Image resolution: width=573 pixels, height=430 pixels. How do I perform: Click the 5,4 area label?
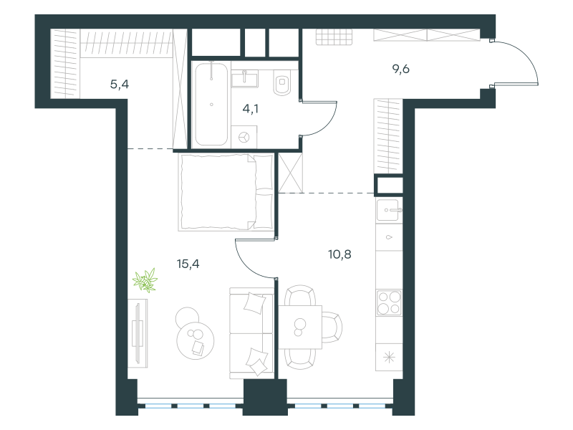click(120, 85)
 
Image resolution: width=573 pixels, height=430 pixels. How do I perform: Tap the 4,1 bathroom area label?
click(250, 109)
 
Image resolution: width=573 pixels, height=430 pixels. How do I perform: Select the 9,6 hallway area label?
click(401, 69)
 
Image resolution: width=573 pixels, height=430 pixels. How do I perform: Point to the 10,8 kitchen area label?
click(340, 254)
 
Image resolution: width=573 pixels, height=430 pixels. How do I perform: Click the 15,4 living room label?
click(188, 264)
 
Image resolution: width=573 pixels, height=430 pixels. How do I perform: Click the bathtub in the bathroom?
click(211, 104)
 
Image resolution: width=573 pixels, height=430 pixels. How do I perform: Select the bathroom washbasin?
click(244, 79)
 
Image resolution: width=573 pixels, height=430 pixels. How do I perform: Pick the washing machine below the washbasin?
click(244, 137)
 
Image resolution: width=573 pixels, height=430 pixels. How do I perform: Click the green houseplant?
click(145, 280)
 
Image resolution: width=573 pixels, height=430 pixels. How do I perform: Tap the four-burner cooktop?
click(389, 302)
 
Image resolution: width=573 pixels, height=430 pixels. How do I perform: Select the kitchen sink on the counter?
click(389, 210)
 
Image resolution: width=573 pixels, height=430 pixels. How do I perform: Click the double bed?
click(226, 192)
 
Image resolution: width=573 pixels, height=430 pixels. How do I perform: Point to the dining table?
click(300, 328)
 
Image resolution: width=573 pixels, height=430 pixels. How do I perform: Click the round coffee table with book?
click(195, 340)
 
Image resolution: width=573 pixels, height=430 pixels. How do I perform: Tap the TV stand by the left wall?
click(138, 333)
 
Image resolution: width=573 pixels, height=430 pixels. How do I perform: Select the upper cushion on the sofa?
click(254, 302)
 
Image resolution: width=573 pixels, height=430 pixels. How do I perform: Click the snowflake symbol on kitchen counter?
click(389, 357)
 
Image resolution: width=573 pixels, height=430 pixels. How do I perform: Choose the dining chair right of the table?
click(332, 328)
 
